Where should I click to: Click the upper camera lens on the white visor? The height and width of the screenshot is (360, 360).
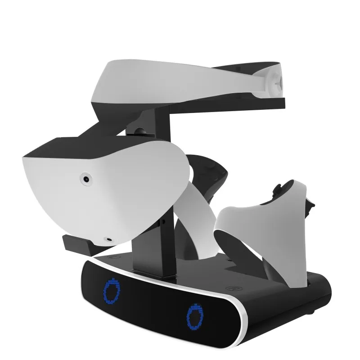[x=85, y=179]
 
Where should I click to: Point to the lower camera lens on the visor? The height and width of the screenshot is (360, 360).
[x=108, y=240]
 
